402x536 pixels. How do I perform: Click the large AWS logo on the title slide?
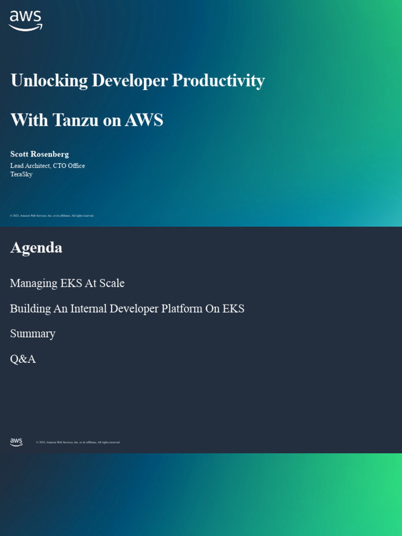click(26, 20)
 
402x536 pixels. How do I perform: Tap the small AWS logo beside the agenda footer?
click(16, 442)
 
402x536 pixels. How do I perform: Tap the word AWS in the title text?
click(144, 120)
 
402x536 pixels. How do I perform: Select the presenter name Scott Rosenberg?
click(40, 154)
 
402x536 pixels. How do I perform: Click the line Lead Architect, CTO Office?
click(48, 165)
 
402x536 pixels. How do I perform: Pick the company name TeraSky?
click(21, 174)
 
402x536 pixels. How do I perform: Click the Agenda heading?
click(36, 248)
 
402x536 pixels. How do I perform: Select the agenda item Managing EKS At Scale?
click(67, 283)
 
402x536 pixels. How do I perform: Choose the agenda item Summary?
click(32, 334)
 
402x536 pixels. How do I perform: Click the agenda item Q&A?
click(23, 359)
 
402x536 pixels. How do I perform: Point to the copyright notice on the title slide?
click(52, 216)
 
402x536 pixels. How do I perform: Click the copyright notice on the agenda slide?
click(78, 442)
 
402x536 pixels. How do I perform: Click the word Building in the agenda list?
click(30, 309)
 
